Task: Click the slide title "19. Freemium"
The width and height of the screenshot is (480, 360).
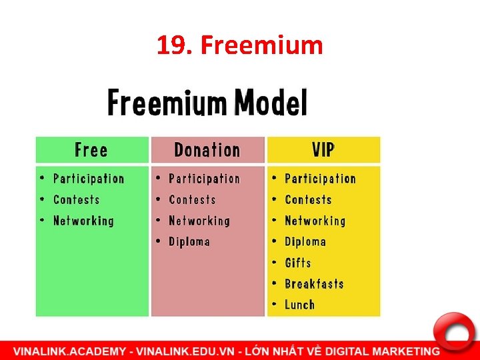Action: (239, 45)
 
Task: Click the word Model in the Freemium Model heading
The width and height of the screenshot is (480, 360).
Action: (271, 103)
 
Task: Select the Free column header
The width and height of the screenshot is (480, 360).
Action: (91, 150)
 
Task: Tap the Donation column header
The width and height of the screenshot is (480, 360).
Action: (207, 150)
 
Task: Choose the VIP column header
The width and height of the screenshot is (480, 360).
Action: (323, 150)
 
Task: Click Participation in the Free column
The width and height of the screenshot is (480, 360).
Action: (89, 179)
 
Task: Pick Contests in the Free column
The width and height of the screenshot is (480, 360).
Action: (76, 199)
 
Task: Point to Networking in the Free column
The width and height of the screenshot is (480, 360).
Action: (83, 221)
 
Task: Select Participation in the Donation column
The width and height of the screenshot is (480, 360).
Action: (204, 179)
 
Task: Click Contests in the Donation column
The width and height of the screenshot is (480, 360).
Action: (192, 199)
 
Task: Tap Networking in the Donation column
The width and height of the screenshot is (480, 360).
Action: (199, 221)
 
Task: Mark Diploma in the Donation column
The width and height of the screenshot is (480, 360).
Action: (189, 241)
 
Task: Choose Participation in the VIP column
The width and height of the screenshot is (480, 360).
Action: (320, 179)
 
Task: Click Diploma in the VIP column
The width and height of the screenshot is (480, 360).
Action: (305, 241)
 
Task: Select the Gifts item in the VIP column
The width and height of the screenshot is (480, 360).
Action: (297, 263)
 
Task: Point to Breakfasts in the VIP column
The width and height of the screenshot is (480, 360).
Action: (314, 283)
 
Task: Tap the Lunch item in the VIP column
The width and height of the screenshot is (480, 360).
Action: (299, 305)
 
